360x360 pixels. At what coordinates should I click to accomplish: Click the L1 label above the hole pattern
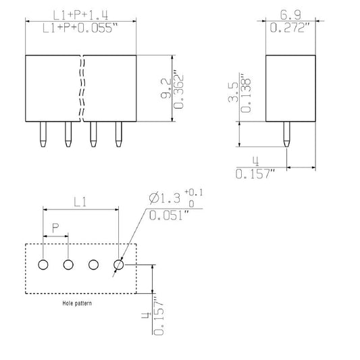pos(80,201)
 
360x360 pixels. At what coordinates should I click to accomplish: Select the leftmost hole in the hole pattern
pos(43,265)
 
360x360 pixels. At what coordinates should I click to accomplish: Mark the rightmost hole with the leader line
pos(118,265)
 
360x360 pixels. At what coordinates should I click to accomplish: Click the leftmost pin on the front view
pos(43,134)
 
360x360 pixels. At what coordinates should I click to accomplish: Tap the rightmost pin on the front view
pos(119,134)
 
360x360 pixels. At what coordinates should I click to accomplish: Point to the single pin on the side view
pos(287,134)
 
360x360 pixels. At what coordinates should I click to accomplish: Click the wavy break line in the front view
pos(82,88)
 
